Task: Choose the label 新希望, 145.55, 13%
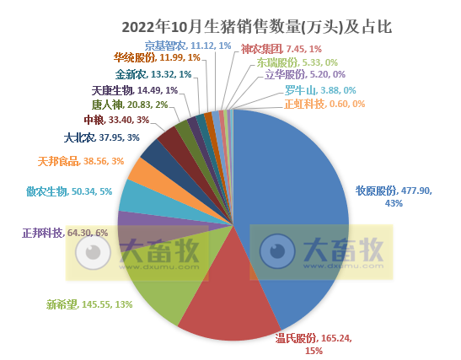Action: click(88, 304)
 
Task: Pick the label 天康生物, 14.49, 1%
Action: click(134, 89)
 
